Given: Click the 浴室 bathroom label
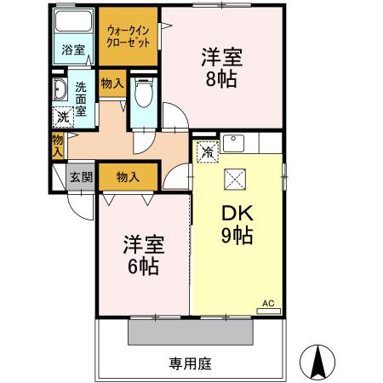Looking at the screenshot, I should [73, 49].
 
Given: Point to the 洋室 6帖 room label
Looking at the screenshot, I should [142, 252].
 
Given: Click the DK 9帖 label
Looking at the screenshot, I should [233, 224].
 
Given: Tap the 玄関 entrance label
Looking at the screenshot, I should [82, 177].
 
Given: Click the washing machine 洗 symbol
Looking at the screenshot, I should [62, 117].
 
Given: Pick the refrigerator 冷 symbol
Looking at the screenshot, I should [208, 152].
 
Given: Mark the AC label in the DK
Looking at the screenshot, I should [267, 303].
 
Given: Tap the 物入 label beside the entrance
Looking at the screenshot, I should [128, 177].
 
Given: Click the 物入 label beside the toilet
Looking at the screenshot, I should [111, 83].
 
